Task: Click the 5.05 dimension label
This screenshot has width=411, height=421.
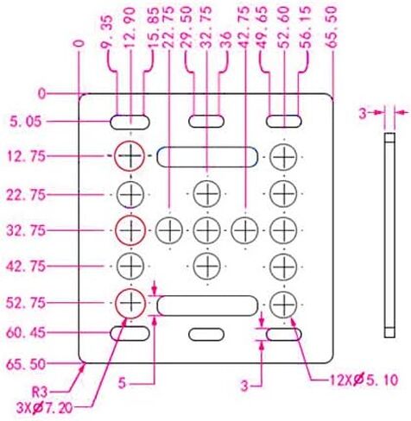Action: [x=25, y=122]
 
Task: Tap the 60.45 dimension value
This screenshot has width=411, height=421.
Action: [x=25, y=333]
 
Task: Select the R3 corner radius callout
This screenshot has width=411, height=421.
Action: [x=40, y=393]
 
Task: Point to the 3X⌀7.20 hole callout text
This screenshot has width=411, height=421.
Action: [x=44, y=408]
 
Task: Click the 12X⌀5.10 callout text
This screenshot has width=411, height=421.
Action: [x=364, y=380]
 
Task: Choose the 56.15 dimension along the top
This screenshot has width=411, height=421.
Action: [x=307, y=27]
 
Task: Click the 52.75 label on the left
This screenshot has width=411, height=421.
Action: [x=26, y=303]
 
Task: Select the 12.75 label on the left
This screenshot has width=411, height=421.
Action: [x=26, y=157]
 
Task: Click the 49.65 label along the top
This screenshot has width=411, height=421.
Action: [x=262, y=27]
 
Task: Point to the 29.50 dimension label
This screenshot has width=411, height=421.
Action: [x=187, y=27]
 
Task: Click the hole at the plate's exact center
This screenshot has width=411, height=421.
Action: [x=207, y=230]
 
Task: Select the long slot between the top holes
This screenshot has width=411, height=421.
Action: [x=207, y=157]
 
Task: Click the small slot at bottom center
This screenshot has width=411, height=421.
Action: [x=206, y=334]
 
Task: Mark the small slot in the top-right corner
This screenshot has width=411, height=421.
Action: [x=284, y=122]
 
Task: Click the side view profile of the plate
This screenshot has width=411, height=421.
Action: [x=389, y=236]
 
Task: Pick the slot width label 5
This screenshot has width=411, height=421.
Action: [x=122, y=383]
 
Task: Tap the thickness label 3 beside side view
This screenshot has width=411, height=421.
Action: [x=364, y=114]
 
